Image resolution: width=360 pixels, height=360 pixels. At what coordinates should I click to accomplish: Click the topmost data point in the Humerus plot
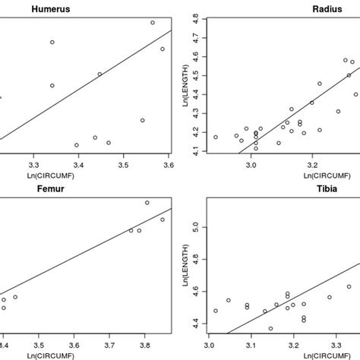(153, 23)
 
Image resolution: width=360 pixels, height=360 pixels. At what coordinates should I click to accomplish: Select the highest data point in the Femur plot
(147, 203)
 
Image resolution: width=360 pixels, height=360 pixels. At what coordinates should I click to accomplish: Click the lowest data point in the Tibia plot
(270, 329)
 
